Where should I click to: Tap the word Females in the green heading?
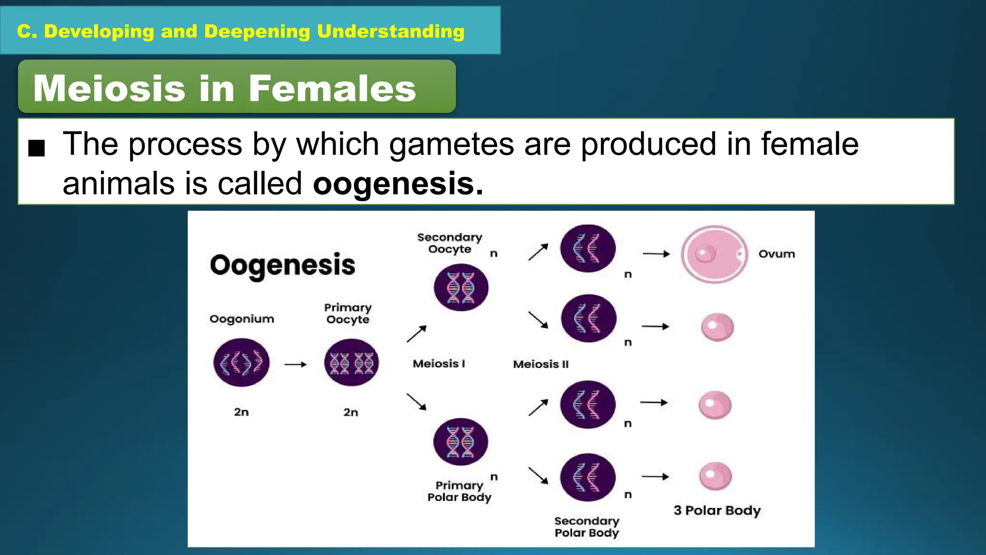[x=332, y=88]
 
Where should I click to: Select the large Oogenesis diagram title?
[x=283, y=265]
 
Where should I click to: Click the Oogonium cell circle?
[x=241, y=362]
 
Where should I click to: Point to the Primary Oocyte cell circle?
[x=351, y=362]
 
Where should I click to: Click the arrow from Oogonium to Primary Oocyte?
[x=296, y=365]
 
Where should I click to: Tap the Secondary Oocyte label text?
[x=450, y=243]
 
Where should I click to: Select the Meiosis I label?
[x=439, y=364]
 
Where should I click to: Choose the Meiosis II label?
[x=541, y=364]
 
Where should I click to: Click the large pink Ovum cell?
[x=714, y=254]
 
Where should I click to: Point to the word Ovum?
[x=777, y=254]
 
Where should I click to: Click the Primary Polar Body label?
[x=459, y=491]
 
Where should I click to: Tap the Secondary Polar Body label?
[x=586, y=527]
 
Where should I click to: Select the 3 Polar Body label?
[x=717, y=510]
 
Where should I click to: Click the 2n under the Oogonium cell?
[x=241, y=412]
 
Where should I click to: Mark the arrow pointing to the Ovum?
[x=656, y=254]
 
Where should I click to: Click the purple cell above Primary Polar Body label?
[x=460, y=441]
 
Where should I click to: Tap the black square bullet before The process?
[x=37, y=148]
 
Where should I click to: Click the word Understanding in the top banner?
[x=390, y=31]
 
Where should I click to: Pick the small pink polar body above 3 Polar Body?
[x=715, y=476]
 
